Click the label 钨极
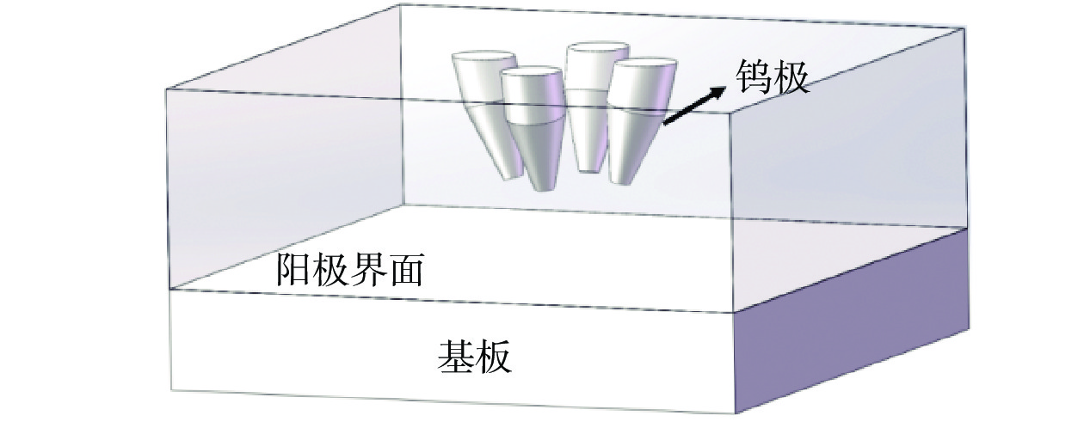(x=772, y=78)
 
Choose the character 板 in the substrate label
(x=495, y=355)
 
